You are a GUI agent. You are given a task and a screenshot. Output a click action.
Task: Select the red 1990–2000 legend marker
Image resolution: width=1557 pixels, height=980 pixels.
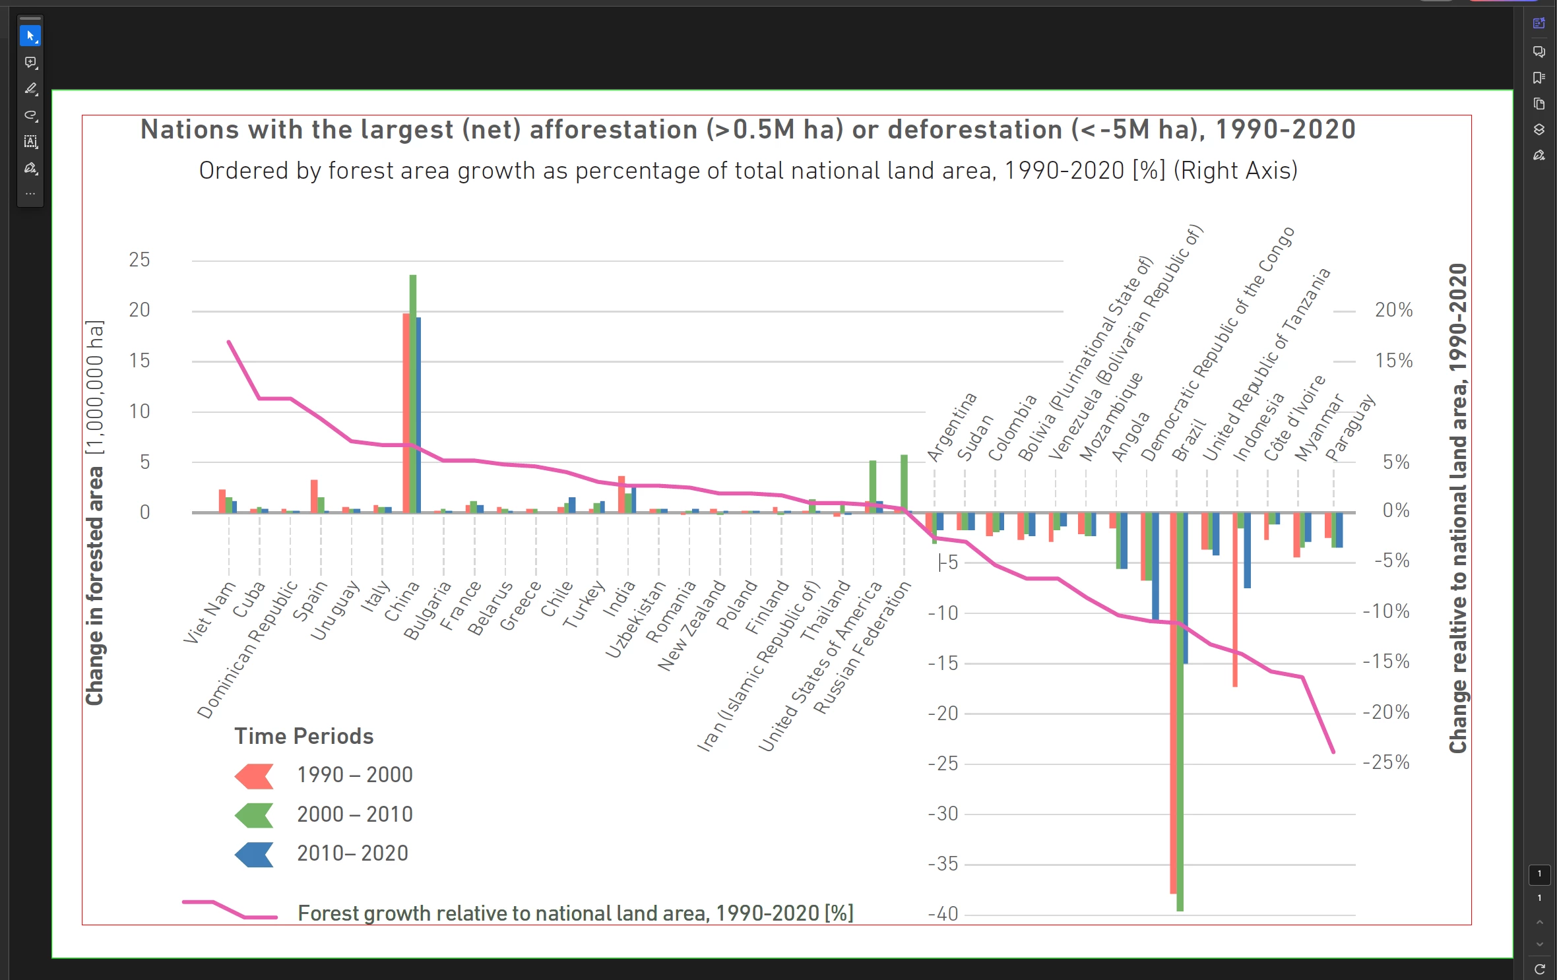pos(254,776)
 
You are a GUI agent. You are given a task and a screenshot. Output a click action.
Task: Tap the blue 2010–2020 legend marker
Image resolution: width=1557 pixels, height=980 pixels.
pos(254,855)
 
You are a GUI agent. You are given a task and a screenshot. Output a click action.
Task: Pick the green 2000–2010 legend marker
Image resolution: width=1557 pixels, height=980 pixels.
pos(254,816)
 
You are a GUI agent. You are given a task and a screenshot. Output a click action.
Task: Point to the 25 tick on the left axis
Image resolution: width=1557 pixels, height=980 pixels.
pos(139,260)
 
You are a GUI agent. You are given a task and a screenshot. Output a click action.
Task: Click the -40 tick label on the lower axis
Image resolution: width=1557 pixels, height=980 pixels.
pos(943,914)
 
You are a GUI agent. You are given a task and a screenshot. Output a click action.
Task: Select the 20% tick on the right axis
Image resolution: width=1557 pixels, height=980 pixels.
pos(1393,310)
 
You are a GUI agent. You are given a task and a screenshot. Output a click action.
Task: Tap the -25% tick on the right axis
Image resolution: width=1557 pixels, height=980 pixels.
pos(1386,762)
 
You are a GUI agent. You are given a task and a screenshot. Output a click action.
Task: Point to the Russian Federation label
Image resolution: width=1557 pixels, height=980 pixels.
pos(862,648)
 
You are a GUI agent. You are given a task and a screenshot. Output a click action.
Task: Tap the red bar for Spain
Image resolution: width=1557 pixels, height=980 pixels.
pos(314,496)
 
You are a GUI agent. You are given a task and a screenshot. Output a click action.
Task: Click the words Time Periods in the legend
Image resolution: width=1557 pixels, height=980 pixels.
pos(304,736)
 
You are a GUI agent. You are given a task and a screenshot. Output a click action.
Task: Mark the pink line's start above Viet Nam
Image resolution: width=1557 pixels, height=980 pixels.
pos(229,342)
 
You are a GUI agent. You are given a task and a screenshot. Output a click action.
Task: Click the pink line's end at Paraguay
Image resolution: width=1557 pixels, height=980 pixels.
pos(1333,751)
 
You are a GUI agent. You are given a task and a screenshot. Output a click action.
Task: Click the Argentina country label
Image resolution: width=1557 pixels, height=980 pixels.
pos(951,427)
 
